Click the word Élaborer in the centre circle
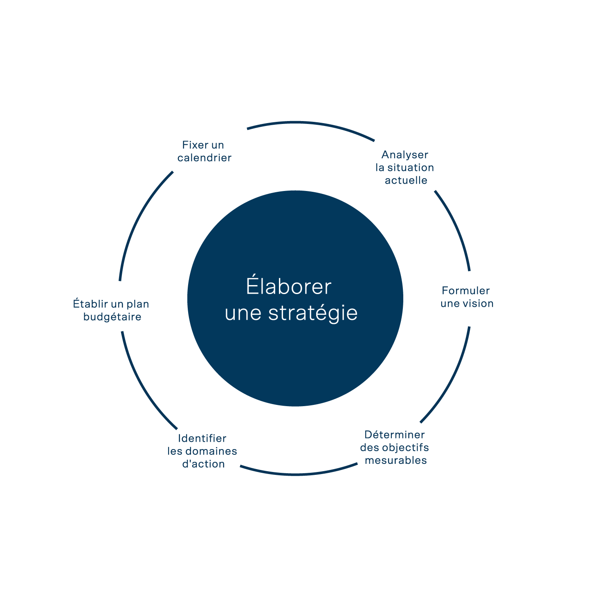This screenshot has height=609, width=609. tap(288, 286)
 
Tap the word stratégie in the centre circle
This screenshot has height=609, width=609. tap(313, 313)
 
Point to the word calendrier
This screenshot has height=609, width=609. tap(204, 158)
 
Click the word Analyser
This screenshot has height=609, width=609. tap(405, 155)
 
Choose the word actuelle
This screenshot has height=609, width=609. tap(406, 180)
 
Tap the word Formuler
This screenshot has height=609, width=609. tap(465, 291)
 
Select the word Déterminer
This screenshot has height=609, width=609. tap(395, 435)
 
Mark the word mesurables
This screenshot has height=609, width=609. tap(396, 461)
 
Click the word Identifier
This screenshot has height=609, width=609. tap(202, 438)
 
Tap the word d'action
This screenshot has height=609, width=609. tap(203, 464)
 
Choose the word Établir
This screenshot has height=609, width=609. tap(90, 304)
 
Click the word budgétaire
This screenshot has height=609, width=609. tap(112, 317)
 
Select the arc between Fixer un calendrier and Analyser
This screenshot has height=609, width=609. tap(311, 122)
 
